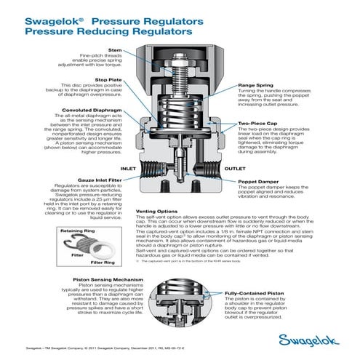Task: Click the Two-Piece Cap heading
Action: [x=257, y=125]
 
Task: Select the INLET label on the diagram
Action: [x=128, y=168]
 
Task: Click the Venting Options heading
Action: [x=159, y=212]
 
